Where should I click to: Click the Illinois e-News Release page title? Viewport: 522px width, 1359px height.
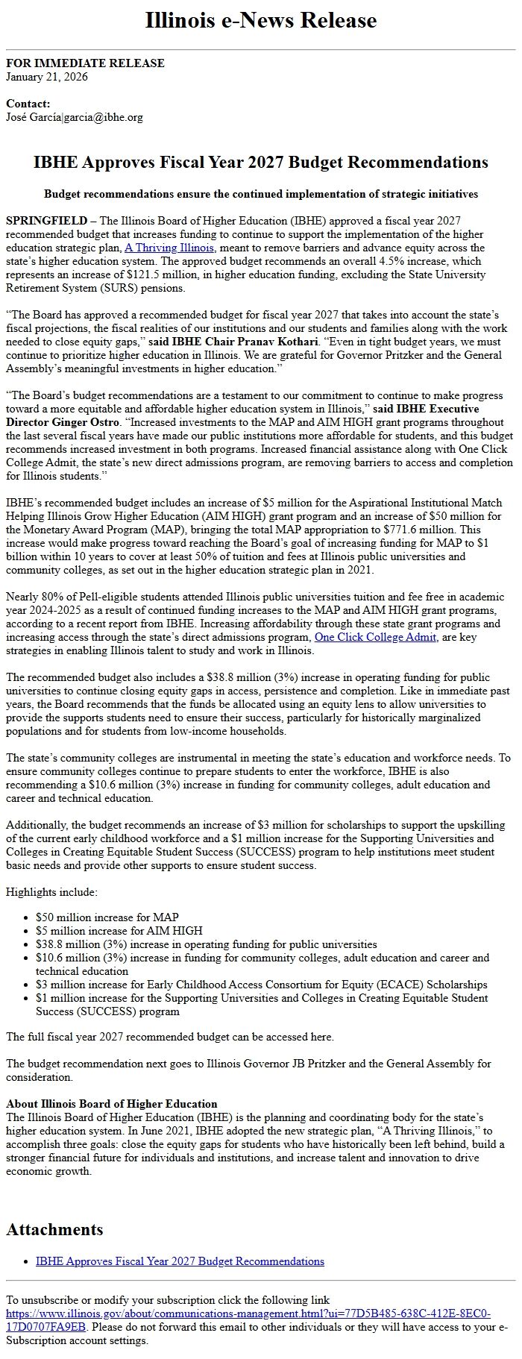pyautogui.click(x=261, y=20)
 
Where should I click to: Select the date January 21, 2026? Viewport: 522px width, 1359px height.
pyautogui.click(x=47, y=77)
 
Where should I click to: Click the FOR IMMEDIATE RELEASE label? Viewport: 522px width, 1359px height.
pyautogui.click(x=85, y=63)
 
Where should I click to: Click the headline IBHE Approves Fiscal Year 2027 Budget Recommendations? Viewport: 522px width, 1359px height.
pyautogui.click(x=261, y=163)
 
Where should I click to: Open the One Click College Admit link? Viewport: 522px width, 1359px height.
pyautogui.click(x=375, y=637)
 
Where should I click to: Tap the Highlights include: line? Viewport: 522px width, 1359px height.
pyautogui.click(x=51, y=892)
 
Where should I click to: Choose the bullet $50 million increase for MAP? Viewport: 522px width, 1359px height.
pyautogui.click(x=107, y=917)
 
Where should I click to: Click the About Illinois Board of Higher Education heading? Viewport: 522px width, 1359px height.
pyautogui.click(x=112, y=1104)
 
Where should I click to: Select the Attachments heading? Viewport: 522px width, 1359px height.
pyautogui.click(x=55, y=1229)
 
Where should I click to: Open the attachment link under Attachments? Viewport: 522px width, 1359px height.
pyautogui.click(x=180, y=1261)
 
